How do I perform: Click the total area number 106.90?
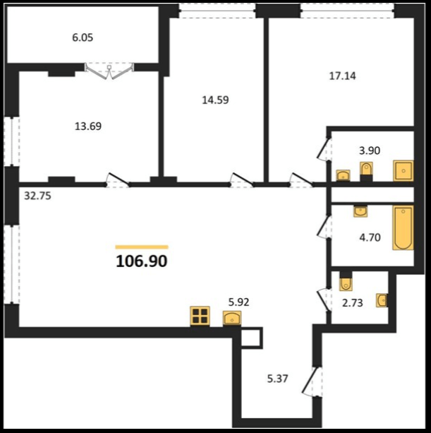click(x=142, y=261)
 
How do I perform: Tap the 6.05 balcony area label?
click(x=83, y=37)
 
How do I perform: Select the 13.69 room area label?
click(x=88, y=126)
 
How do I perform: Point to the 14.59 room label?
click(x=215, y=100)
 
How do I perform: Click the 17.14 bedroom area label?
click(x=343, y=76)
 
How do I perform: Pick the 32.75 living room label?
click(x=37, y=196)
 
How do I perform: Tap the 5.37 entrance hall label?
click(x=278, y=379)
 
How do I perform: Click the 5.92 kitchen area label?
click(x=239, y=302)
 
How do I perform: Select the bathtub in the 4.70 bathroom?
click(x=403, y=228)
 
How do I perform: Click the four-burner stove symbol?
click(x=200, y=316)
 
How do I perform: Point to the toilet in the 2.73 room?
click(x=346, y=281)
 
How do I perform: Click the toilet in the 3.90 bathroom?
click(x=367, y=172)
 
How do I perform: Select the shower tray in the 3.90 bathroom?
click(x=403, y=171)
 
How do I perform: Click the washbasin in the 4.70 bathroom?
click(x=360, y=211)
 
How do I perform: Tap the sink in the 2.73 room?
click(x=382, y=300)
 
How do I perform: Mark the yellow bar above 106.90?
click(x=142, y=247)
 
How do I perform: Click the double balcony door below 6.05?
click(x=109, y=71)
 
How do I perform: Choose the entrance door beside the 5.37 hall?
click(x=312, y=381)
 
